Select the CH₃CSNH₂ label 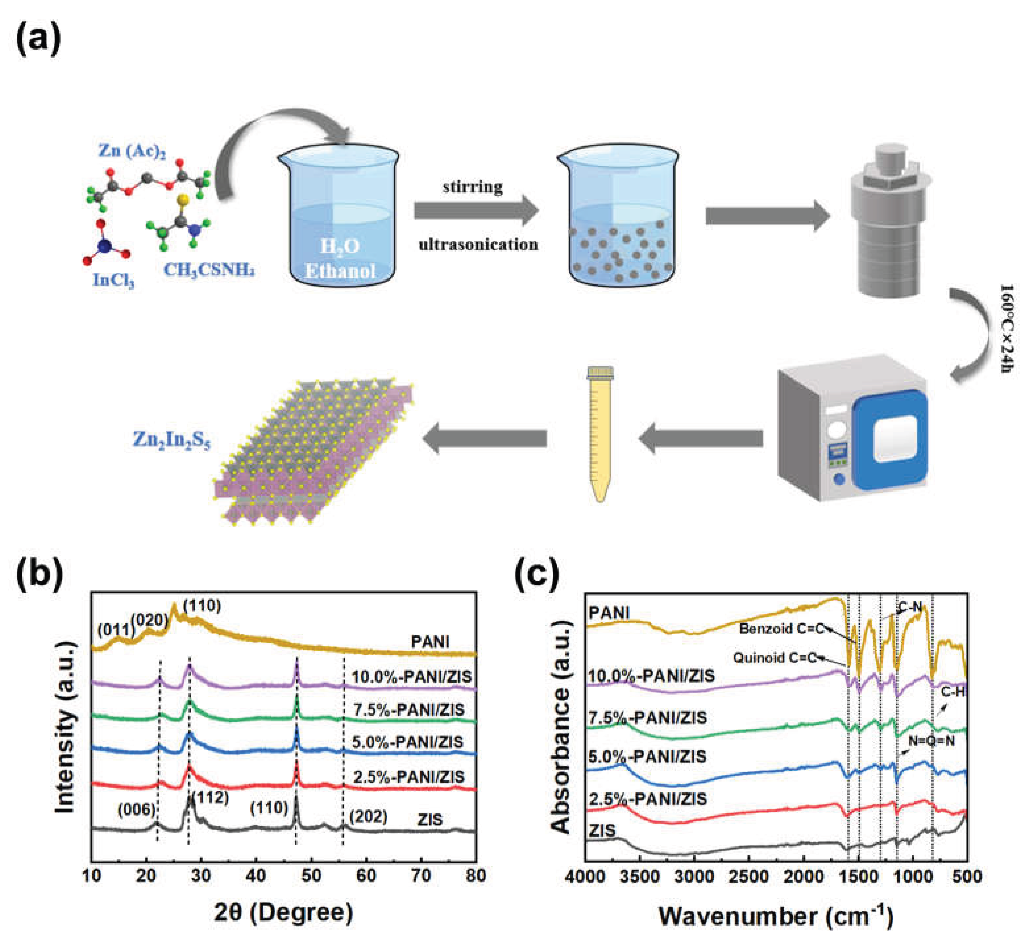tap(209, 269)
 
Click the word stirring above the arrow tap(473, 187)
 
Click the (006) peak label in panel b tap(136, 809)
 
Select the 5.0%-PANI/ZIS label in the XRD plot tap(408, 742)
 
